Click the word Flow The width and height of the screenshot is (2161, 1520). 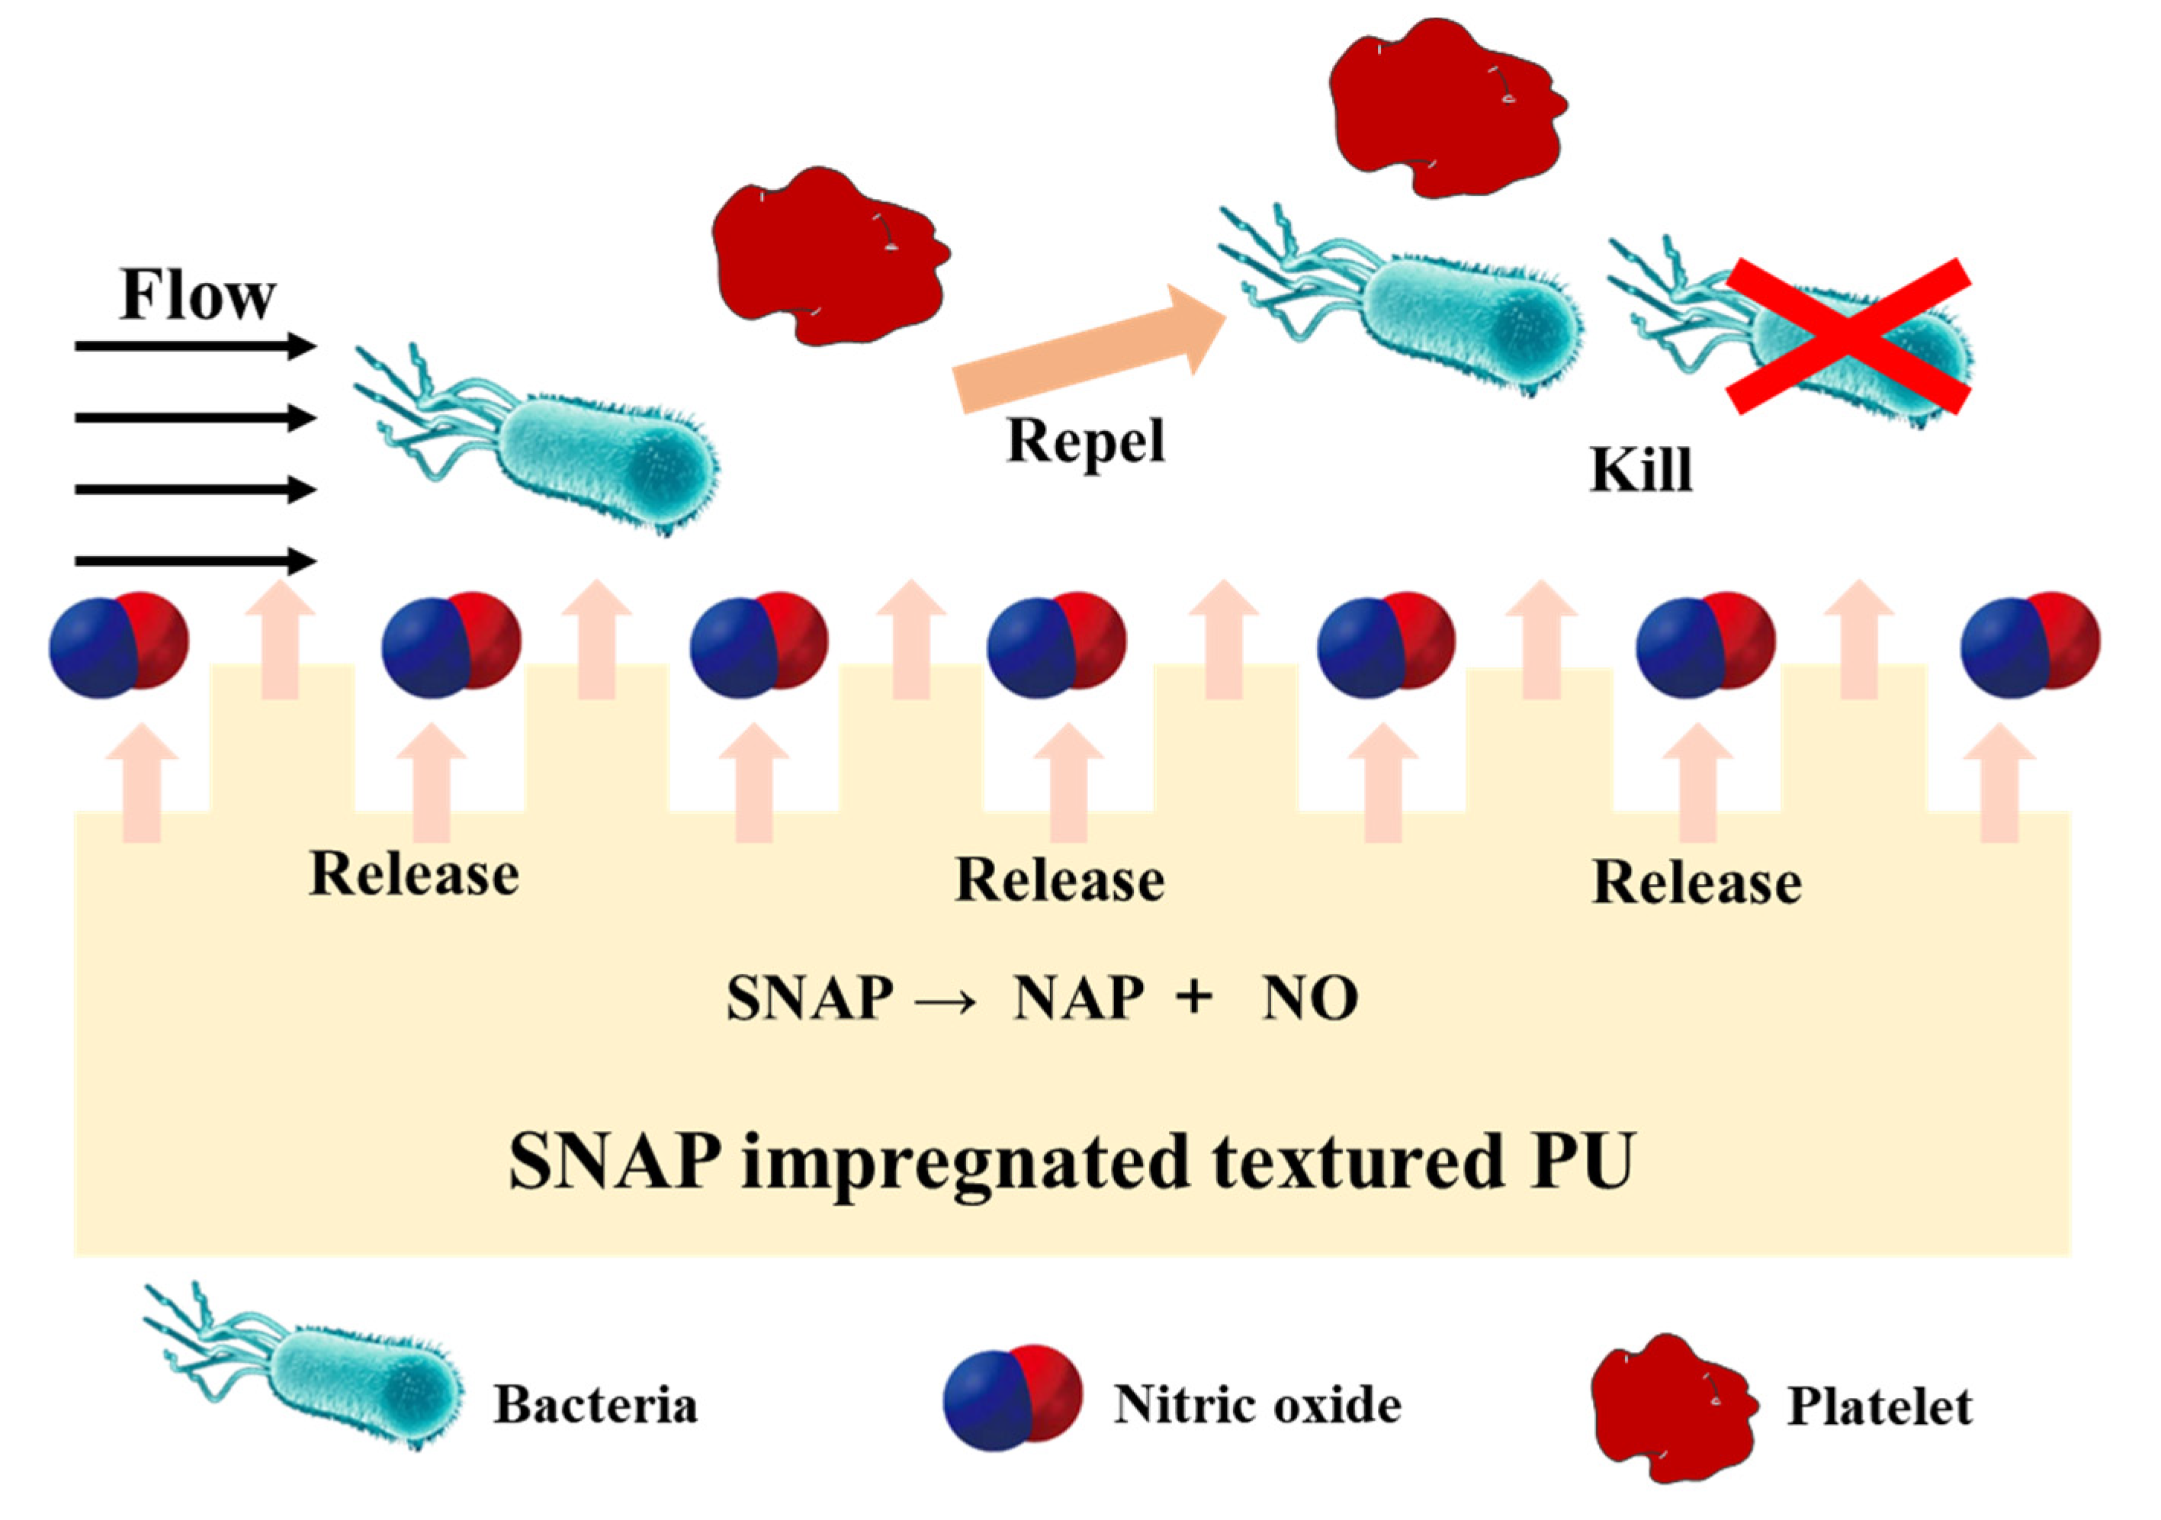(x=197, y=295)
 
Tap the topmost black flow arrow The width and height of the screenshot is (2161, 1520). (x=193, y=346)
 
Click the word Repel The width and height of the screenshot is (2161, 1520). (x=1085, y=441)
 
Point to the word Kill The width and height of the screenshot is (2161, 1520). (x=1640, y=470)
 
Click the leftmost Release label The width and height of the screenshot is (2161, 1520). (x=413, y=874)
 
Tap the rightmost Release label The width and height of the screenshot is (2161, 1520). (x=1696, y=883)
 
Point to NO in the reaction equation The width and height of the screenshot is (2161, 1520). (x=1310, y=998)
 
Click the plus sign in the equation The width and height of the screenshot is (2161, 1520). (x=1193, y=997)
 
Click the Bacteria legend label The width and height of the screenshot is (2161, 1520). (x=595, y=1404)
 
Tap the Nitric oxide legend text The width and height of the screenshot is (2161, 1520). (x=1257, y=1404)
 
